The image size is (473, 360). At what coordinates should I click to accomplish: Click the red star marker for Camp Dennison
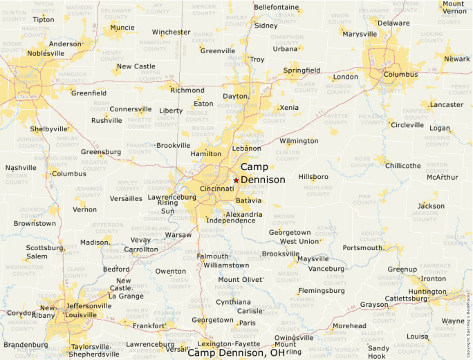coord(236,180)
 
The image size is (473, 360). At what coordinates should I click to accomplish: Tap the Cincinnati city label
coord(216,189)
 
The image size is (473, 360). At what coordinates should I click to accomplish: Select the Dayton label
coord(235,97)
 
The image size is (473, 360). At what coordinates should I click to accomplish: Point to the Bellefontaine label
coord(277,8)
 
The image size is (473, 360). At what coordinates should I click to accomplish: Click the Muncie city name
coord(122,28)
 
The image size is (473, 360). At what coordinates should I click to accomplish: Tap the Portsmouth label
coord(362,247)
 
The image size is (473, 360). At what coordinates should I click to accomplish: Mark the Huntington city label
coord(427,292)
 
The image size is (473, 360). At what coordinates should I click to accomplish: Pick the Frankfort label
coord(149,325)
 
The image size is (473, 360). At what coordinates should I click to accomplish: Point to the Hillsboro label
coord(313,177)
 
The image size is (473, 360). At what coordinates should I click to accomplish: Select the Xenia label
coord(289,108)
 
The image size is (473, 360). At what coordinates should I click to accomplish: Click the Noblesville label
coord(46,53)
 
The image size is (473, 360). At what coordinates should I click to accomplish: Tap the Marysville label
coord(360,34)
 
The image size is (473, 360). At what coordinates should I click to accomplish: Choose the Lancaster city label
coord(446,105)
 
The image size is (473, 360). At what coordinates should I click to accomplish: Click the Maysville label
coord(313,259)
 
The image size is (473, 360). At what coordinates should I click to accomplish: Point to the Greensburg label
coord(101,152)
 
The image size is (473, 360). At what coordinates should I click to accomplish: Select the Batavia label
coord(249,200)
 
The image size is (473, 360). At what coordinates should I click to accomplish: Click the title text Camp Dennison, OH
coord(237,352)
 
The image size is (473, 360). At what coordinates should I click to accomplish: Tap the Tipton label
coord(43,19)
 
